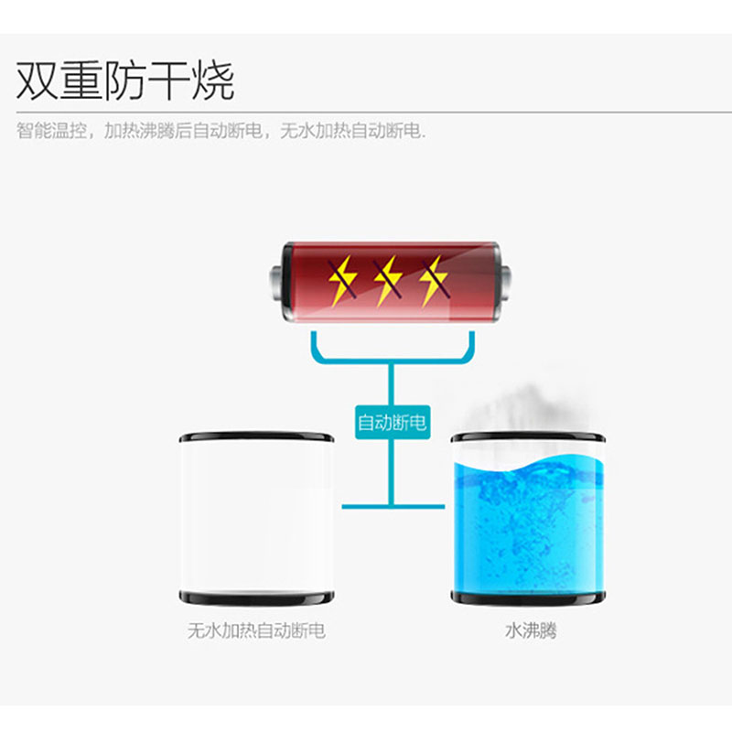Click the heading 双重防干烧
coord(125,81)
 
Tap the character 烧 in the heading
coord(213,81)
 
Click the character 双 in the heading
coord(38,81)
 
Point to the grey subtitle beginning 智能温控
coord(221,131)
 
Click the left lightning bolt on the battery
coord(342,281)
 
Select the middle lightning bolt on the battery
coord(388,281)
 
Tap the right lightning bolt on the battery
coord(434,281)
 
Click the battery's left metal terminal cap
coord(276,282)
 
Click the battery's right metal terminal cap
coord(505,282)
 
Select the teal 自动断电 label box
coord(393,423)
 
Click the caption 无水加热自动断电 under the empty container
coord(256,630)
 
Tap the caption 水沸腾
coord(531,630)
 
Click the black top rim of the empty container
coord(256,437)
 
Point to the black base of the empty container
coord(256,597)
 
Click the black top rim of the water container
coord(528,437)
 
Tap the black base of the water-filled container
coord(528,597)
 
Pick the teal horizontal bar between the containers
coord(393,506)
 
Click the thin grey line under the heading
coord(374,112)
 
